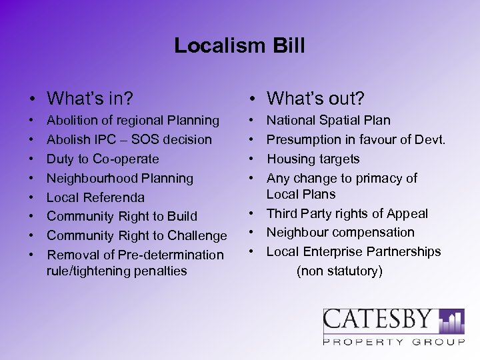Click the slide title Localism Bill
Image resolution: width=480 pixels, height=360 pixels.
239,45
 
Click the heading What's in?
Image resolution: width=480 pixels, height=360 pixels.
90,99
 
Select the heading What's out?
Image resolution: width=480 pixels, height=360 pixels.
315,99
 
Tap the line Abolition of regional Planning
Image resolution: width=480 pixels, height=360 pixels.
133,121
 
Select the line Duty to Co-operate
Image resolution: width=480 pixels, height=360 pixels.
103,159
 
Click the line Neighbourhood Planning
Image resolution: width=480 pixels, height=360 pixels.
120,179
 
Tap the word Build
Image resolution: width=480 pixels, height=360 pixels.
182,217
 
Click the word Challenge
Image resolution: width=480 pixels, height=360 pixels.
197,236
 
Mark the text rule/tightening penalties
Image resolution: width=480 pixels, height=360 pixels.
117,271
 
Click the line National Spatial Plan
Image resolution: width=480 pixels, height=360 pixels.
329,121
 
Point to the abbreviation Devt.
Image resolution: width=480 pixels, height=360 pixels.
430,140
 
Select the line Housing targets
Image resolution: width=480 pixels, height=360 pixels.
313,159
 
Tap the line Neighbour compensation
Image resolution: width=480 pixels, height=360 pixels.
340,233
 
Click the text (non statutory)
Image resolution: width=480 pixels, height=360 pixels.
339,271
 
